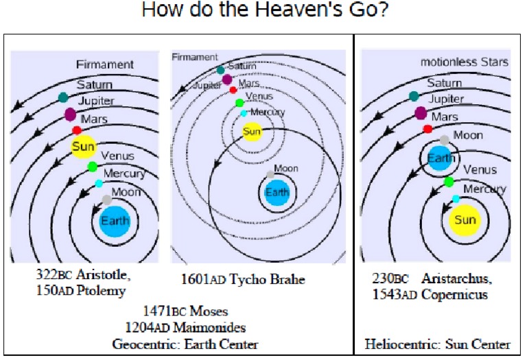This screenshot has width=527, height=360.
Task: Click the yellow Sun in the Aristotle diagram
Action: coord(84,147)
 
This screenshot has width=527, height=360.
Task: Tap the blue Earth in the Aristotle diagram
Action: coord(114,221)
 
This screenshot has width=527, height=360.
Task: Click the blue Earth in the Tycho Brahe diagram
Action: coord(277,193)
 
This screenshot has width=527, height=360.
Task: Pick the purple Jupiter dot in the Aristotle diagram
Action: coord(70,114)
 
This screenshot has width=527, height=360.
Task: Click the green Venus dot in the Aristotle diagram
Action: coord(93,167)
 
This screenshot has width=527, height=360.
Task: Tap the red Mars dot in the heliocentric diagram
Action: coord(428,128)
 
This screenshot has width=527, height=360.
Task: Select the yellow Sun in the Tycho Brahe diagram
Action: coord(253,130)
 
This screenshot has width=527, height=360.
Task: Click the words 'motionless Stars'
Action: coord(464,62)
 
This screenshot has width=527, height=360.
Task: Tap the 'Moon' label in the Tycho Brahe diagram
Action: coord(286,169)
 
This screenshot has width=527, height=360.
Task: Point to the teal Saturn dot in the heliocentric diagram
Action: coord(414,97)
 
